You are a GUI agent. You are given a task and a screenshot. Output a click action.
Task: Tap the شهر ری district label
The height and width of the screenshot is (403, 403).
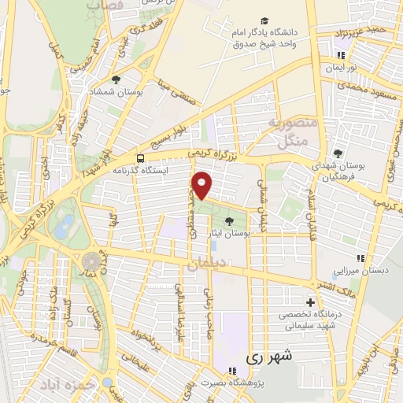(x=268, y=356)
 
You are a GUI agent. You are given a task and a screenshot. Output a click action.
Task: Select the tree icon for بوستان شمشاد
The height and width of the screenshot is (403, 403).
(x=116, y=79)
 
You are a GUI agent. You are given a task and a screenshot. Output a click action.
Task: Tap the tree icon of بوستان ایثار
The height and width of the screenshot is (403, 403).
(x=229, y=221)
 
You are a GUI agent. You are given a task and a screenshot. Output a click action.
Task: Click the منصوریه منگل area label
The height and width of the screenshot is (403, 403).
(x=294, y=132)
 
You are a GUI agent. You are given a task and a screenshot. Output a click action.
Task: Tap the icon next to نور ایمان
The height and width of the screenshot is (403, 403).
(x=341, y=55)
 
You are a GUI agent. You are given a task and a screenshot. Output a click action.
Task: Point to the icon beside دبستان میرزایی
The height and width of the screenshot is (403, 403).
(x=360, y=257)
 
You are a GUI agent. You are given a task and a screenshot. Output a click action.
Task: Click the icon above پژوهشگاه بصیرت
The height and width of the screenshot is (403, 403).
(x=231, y=371)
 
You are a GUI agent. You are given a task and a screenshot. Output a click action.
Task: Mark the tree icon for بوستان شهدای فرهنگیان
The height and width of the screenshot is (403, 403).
(x=338, y=153)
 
